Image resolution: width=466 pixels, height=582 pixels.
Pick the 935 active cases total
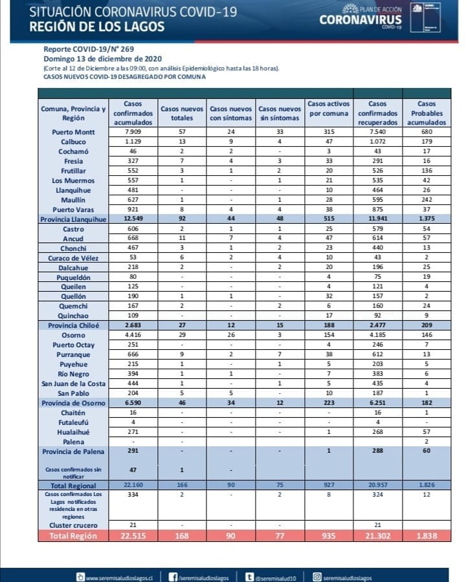[x=329, y=535]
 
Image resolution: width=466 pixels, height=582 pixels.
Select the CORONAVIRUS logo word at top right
[x=361, y=19]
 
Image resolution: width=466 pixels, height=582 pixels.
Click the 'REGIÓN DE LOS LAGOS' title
[x=97, y=27]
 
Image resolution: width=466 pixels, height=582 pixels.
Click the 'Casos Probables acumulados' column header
[x=427, y=113]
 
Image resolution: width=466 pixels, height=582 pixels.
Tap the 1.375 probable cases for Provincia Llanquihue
[x=427, y=219]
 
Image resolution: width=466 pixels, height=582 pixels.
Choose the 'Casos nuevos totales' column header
[x=182, y=113]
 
